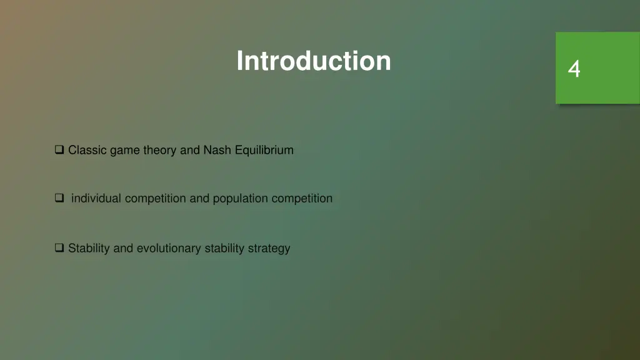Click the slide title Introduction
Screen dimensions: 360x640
tap(314, 61)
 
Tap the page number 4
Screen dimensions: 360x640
tap(574, 69)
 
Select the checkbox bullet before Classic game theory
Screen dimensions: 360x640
tap(59, 150)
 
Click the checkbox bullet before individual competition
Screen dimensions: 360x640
tap(59, 198)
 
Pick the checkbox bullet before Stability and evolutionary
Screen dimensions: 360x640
tap(59, 248)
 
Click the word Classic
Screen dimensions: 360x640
tap(87, 150)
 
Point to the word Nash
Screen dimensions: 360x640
tap(217, 150)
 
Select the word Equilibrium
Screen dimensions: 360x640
tap(264, 150)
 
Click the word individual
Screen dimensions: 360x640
tap(97, 198)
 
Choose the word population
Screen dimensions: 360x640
tap(240, 198)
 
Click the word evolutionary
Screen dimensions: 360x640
tap(169, 248)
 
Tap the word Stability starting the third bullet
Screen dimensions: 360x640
tap(89, 248)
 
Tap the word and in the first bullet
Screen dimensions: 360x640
tap(189, 150)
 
